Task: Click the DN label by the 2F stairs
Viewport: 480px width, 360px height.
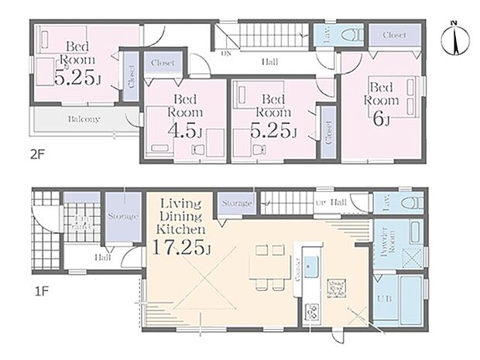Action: (x=226, y=55)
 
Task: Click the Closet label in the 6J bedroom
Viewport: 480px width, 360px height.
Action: (x=394, y=35)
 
